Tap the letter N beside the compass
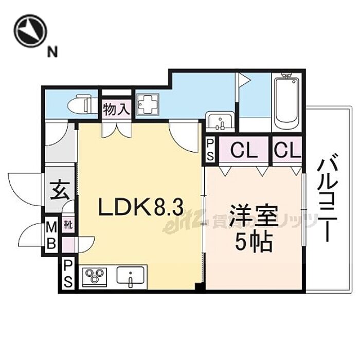pos(52,50)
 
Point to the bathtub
pos(288,103)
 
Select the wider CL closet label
pos(243,151)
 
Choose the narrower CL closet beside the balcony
pos(287,151)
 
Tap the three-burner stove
pos(94,277)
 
